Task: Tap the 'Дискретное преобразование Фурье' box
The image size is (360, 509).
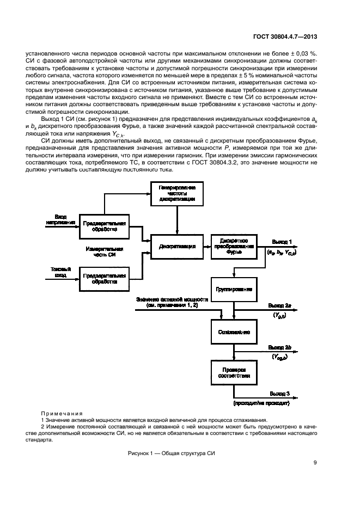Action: tap(234, 246)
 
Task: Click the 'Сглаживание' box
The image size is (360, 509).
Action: tap(234, 331)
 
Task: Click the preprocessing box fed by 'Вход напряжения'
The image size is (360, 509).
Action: tap(105, 227)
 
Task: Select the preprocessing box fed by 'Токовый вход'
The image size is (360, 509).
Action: tap(105, 279)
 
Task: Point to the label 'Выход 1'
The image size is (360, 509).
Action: tap(282, 241)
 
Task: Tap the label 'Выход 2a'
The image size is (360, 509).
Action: tap(281, 306)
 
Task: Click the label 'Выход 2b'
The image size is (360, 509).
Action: tap(281, 347)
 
